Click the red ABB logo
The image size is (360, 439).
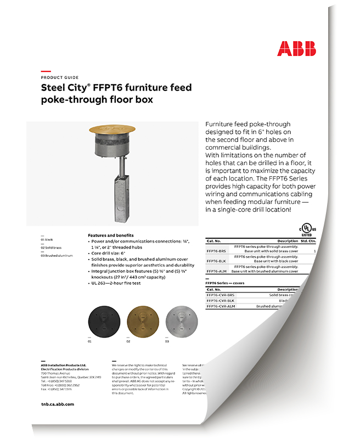tap(296, 48)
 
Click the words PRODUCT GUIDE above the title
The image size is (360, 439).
tap(60, 78)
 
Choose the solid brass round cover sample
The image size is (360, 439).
tap(142, 319)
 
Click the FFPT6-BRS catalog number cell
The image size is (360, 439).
tap(216, 251)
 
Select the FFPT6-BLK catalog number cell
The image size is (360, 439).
tap(216, 261)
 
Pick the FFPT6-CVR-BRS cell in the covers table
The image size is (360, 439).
tap(220, 295)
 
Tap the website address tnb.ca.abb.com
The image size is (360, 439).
tap(57, 403)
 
